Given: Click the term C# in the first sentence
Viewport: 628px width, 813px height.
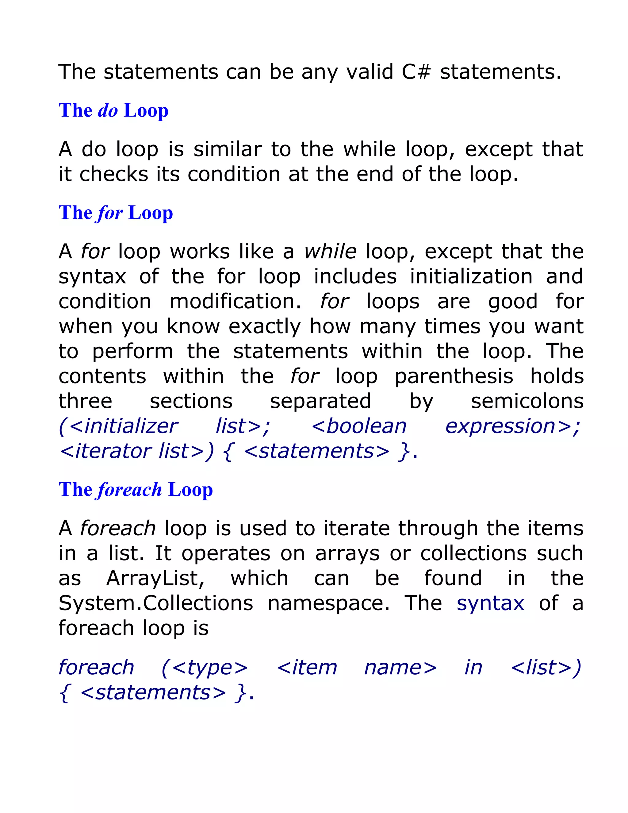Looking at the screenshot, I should click(416, 72).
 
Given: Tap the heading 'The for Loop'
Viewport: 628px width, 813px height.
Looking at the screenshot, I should click(116, 213).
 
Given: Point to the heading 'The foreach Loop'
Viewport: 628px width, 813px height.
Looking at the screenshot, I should click(136, 490).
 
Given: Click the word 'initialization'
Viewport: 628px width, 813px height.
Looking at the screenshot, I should click(471, 277).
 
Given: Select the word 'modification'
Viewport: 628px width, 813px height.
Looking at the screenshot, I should click(235, 302).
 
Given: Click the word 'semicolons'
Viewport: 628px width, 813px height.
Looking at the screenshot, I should click(527, 401).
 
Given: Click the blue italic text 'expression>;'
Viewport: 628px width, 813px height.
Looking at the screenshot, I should click(513, 427).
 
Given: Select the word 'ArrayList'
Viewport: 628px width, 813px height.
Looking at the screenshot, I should click(155, 579).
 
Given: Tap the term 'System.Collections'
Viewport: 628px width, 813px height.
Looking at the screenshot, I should click(156, 603).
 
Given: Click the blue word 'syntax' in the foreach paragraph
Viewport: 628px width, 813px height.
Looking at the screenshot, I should click(490, 603).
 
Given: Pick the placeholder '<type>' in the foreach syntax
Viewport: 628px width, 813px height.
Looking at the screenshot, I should click(205, 668).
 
